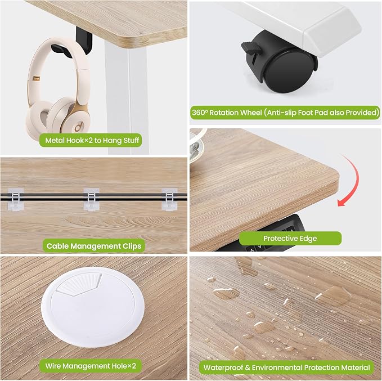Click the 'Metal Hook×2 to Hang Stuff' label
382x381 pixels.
tap(91, 140)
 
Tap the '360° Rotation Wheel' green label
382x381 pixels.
tap(285, 113)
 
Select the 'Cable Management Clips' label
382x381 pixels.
tap(94, 246)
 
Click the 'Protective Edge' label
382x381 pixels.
tap(290, 238)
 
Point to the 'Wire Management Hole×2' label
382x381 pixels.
tap(91, 366)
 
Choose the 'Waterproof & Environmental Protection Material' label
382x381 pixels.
tap(286, 367)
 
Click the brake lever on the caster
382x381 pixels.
tap(251, 48)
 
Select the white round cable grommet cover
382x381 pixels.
tap(93, 307)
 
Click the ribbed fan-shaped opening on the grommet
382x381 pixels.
tap(80, 284)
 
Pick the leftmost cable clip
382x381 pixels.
tap(16, 199)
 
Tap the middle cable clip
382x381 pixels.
tap(91, 199)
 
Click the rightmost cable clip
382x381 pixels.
tap(169, 199)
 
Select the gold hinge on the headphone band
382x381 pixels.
tap(36, 78)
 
